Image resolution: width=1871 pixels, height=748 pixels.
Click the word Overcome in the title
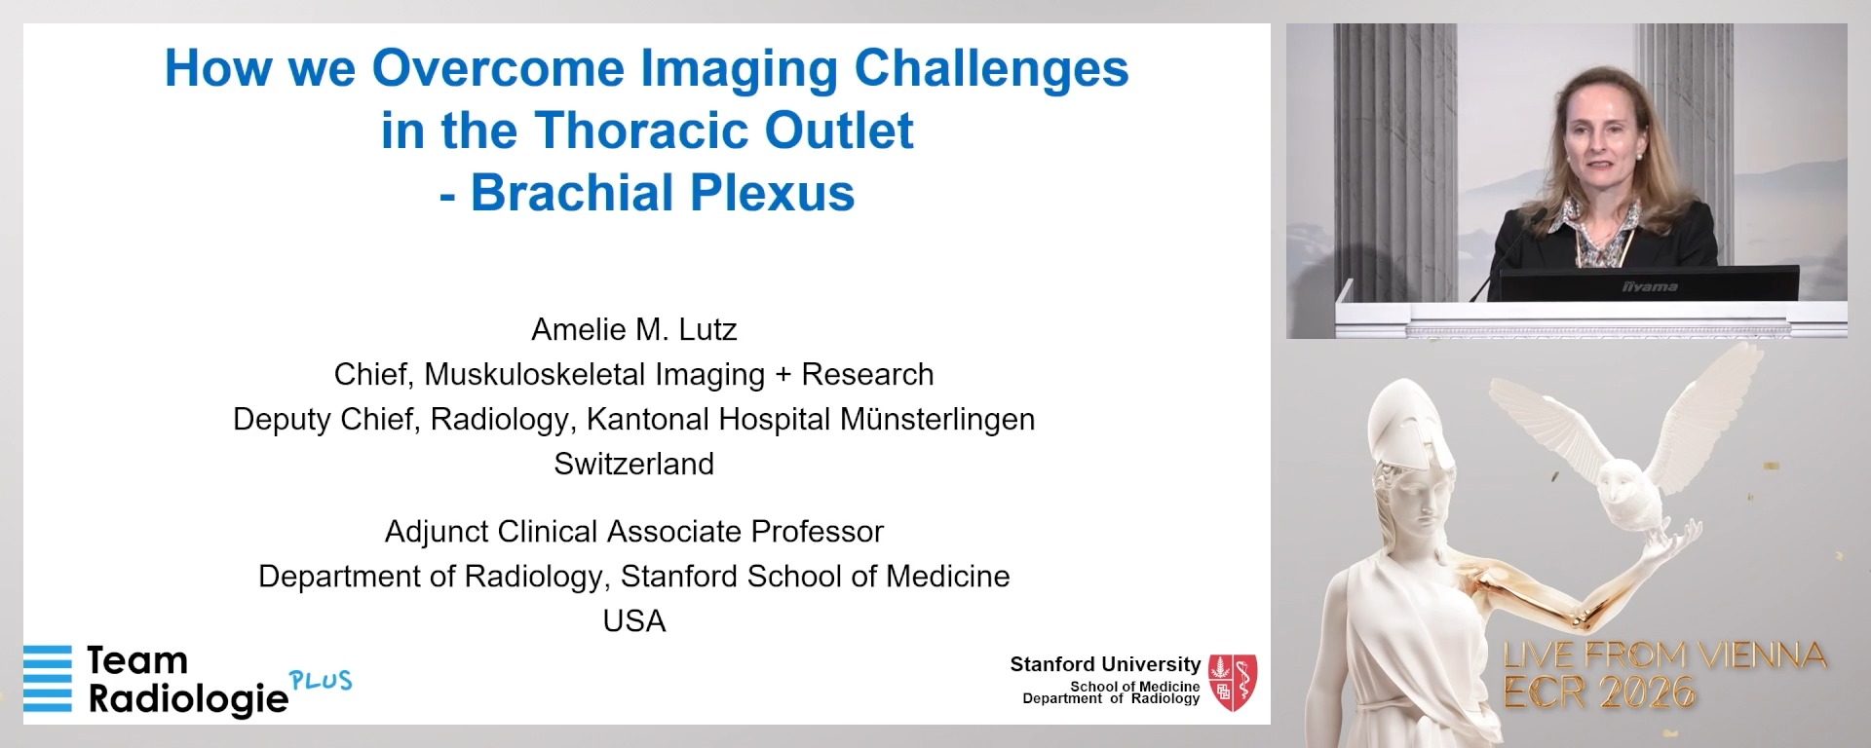tap(498, 68)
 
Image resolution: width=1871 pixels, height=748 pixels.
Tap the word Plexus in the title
tap(761, 193)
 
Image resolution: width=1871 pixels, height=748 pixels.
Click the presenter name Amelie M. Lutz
tap(634, 330)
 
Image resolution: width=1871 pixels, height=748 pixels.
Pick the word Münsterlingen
tap(937, 420)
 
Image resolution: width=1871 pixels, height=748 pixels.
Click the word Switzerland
tap(634, 465)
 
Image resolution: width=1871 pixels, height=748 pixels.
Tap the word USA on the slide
tap(634, 621)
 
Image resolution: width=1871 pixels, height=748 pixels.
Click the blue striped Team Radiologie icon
tap(48, 678)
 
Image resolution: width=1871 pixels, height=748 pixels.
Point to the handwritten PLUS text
tap(321, 680)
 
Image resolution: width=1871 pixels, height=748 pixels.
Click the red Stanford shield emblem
tap(1233, 682)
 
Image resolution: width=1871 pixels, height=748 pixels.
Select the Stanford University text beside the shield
tap(1105, 664)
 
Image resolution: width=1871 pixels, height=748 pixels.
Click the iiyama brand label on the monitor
tap(1650, 287)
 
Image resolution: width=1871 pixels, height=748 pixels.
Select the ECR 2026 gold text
tap(1599, 693)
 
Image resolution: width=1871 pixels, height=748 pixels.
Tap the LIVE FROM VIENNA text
tap(1664, 655)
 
